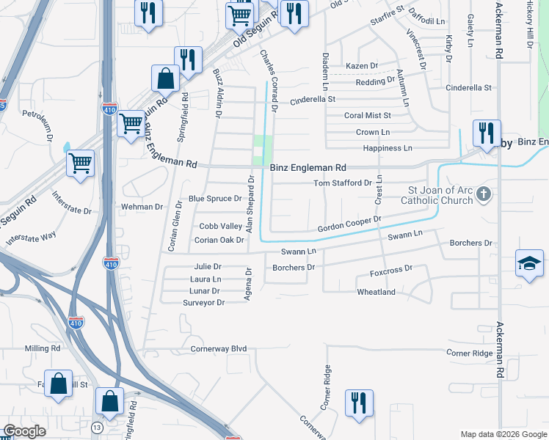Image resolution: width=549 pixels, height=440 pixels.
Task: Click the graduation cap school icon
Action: [x=529, y=263]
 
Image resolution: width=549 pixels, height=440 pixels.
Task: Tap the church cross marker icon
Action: [x=483, y=194]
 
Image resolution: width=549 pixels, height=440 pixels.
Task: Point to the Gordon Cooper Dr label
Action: [x=349, y=224]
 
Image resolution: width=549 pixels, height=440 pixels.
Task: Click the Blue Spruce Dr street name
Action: [x=215, y=199]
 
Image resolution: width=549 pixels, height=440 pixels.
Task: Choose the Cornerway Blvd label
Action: [x=219, y=349]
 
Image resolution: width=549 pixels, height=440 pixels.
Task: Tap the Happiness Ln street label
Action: [x=388, y=148]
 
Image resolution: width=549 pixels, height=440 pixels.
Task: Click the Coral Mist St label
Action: [x=368, y=115]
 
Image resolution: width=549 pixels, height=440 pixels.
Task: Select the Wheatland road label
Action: [x=376, y=292]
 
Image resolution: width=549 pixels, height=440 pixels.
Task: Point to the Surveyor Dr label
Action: [x=203, y=302]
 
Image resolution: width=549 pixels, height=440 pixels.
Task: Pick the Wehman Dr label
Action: [x=142, y=207]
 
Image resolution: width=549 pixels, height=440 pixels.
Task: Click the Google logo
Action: [x=25, y=431]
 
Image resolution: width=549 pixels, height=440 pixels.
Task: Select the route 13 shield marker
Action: [x=97, y=427]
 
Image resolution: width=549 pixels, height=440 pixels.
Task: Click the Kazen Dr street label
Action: [x=361, y=66]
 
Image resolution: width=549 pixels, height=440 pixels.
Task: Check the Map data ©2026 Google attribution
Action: [x=503, y=434]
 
